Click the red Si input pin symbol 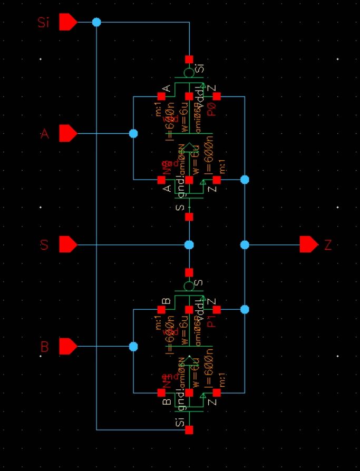click(x=67, y=22)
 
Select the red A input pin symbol click(x=67, y=133)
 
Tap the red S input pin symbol click(x=67, y=244)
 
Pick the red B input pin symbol click(x=67, y=347)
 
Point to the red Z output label click(x=328, y=245)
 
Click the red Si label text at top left click(x=44, y=23)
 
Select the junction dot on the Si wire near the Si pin click(x=96, y=22)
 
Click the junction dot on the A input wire click(x=133, y=133)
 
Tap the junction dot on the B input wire click(x=133, y=347)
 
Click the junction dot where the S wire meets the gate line click(x=189, y=245)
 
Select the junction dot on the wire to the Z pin click(x=245, y=245)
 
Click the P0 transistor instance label click(x=212, y=109)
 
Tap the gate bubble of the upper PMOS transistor click(x=189, y=73)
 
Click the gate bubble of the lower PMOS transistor click(x=189, y=286)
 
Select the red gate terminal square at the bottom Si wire click(x=189, y=430)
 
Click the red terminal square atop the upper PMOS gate click(x=189, y=60)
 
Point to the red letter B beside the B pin click(x=45, y=347)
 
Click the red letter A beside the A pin click(x=45, y=134)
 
